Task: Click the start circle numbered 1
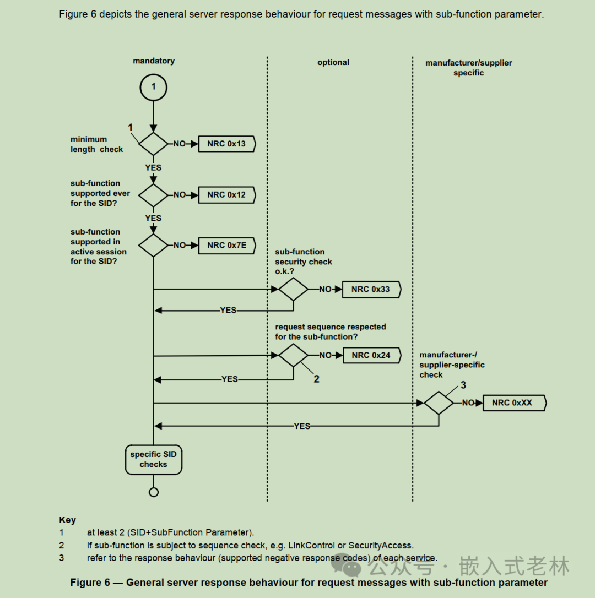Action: pyautogui.click(x=153, y=86)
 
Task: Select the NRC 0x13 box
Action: pyautogui.click(x=226, y=144)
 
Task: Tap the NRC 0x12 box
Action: pyautogui.click(x=226, y=194)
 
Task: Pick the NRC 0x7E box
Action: pyautogui.click(x=226, y=245)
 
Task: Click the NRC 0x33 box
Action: pyautogui.click(x=371, y=289)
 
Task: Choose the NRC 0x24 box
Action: pyautogui.click(x=371, y=355)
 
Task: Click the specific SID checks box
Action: pyautogui.click(x=153, y=459)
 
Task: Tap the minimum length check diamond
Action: pyautogui.click(x=153, y=144)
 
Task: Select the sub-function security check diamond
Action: pyautogui.click(x=293, y=289)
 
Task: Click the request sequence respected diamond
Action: pyautogui.click(x=293, y=355)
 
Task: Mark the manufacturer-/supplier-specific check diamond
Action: pyautogui.click(x=439, y=403)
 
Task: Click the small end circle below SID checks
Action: pyautogui.click(x=154, y=492)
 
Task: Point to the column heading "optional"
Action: pyautogui.click(x=333, y=62)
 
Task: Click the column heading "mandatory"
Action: pyautogui.click(x=154, y=61)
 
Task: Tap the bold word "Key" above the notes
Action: pyautogui.click(x=67, y=520)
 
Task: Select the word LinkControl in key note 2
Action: pyautogui.click(x=313, y=545)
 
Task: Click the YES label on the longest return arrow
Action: pyautogui.click(x=302, y=426)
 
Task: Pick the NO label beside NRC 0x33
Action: pyautogui.click(x=326, y=289)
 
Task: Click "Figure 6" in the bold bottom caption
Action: pyautogui.click(x=90, y=583)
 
